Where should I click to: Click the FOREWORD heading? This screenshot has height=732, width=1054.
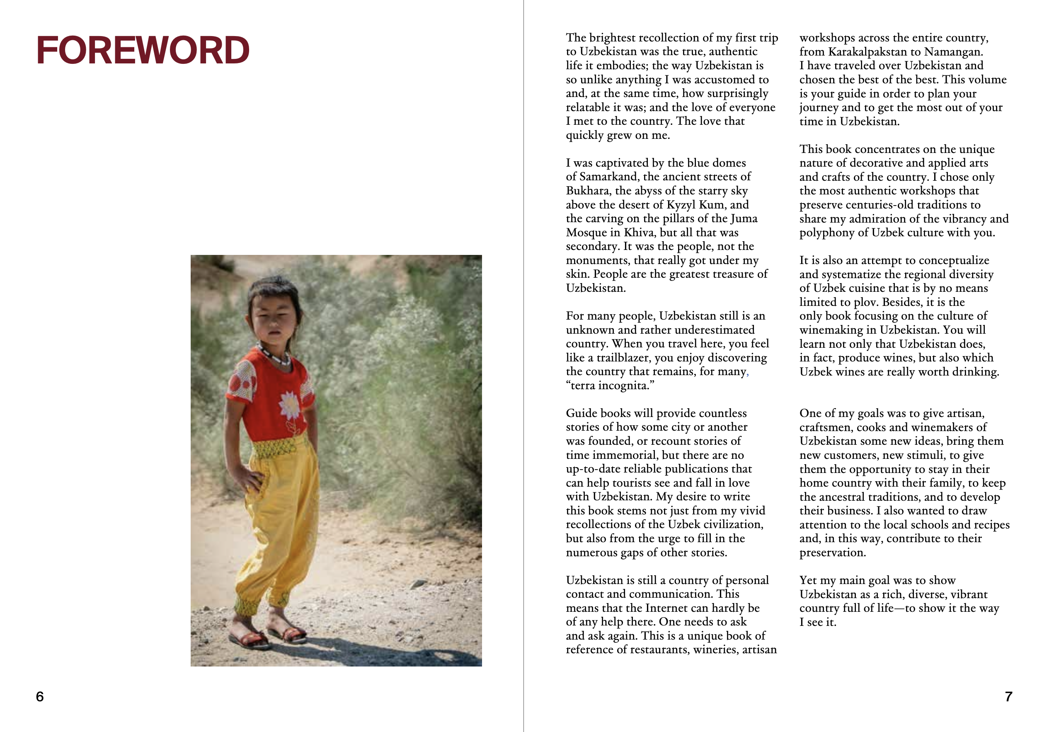[x=143, y=50]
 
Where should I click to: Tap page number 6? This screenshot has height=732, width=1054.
[x=40, y=696]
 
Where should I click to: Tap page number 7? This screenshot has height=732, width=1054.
[x=1008, y=696]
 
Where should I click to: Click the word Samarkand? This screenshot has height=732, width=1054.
[x=608, y=177]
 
